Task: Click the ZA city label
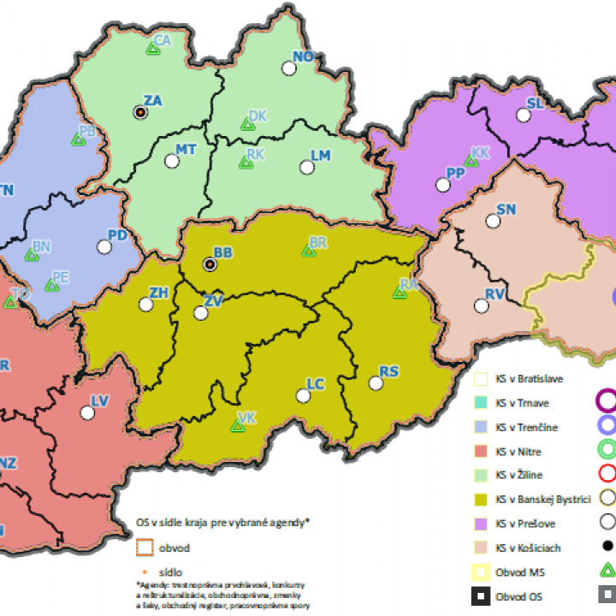tap(153, 101)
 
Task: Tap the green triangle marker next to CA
tap(151, 50)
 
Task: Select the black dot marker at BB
tap(209, 264)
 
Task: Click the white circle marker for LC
tap(301, 396)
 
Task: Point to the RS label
tap(389, 371)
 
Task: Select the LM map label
tap(321, 156)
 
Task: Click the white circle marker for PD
tap(104, 246)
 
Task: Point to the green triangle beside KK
tap(469, 160)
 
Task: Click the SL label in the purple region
tap(536, 104)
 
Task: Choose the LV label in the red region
tap(100, 400)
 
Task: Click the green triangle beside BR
tap(308, 251)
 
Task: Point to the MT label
tap(186, 150)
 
